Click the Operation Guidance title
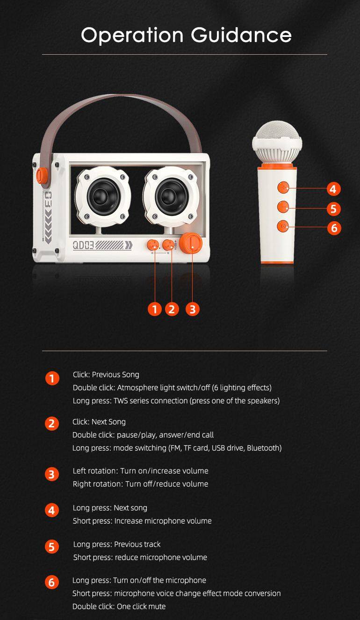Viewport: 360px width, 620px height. (186, 36)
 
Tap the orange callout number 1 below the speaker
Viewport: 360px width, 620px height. (154, 309)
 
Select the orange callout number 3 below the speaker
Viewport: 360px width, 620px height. (192, 309)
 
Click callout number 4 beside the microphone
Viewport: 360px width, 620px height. (333, 189)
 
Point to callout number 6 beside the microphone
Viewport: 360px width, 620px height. (333, 228)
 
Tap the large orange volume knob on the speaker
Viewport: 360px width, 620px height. (192, 243)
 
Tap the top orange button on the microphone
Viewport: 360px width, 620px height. (282, 188)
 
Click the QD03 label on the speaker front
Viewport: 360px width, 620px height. (83, 245)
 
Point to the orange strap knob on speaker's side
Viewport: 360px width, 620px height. (41, 175)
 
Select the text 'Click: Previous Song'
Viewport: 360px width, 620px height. (106, 375)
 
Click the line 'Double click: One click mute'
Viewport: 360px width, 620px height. (119, 606)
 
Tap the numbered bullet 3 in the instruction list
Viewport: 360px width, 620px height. (52, 475)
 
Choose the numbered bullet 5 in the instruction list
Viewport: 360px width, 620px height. (52, 547)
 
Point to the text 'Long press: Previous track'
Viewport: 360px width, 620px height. (117, 544)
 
